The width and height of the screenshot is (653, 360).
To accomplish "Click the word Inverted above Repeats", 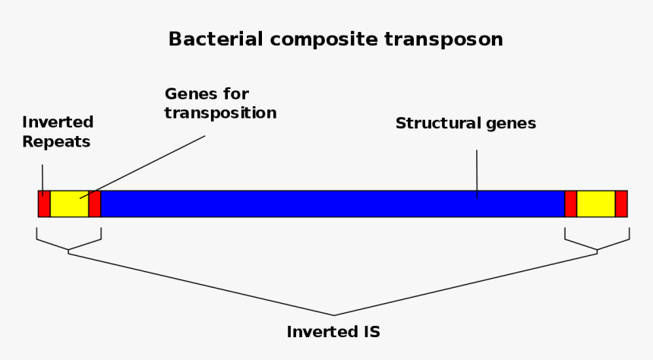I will [58, 122].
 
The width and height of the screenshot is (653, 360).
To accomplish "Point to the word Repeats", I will [56, 141].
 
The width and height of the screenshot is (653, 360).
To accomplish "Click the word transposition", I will [220, 113].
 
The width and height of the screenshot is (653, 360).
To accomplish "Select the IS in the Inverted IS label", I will [369, 332].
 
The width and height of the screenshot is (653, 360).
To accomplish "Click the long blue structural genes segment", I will [333, 204].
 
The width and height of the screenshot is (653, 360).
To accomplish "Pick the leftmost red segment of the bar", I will [44, 204].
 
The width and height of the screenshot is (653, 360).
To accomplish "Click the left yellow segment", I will [69, 204].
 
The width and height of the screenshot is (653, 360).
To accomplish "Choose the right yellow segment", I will [595, 204].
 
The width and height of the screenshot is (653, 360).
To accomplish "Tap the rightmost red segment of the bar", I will [621, 204].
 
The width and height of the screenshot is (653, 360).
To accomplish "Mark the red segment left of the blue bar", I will [95, 204].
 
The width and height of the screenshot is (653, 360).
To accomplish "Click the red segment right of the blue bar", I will [571, 204].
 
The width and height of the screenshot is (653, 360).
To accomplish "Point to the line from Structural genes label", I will [477, 171].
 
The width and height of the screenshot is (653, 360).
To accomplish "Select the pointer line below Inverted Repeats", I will [43, 177].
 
